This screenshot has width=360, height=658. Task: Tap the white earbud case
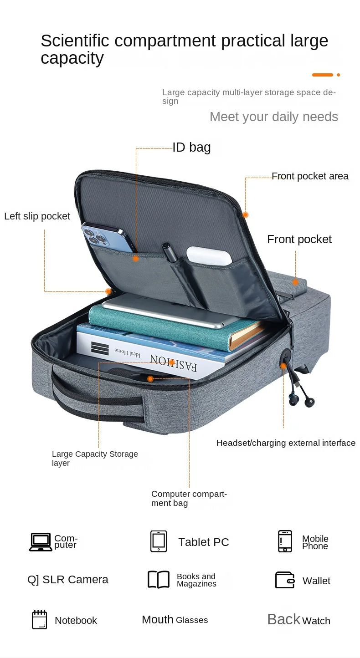pos(209,255)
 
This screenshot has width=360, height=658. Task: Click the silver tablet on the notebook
pos(170,311)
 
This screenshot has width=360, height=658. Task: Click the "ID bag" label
pos(191,147)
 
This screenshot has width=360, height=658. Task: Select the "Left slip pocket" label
pos(37,216)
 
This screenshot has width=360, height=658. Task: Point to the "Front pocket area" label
pos(310,176)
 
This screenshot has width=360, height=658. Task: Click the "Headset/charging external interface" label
pos(286,443)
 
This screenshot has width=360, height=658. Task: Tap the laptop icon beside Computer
pos(41,542)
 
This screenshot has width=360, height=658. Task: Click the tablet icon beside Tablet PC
pos(159,541)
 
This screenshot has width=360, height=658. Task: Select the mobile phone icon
pos(285,541)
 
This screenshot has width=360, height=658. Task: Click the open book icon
pos(159,580)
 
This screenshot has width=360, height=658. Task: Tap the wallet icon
pos(285,580)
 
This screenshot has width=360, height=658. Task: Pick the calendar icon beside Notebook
pos(39,619)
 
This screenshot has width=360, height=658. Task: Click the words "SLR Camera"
pos(75,580)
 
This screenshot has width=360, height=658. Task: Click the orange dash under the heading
pos(322,75)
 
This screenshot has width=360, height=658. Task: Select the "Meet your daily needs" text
pos(273,117)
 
